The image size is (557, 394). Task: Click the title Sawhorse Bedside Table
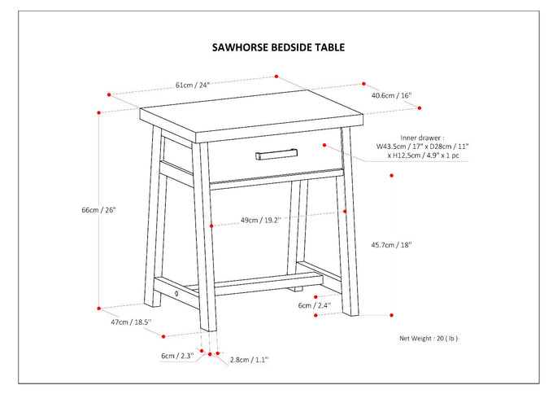click(278, 47)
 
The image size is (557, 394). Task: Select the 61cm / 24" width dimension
click(193, 85)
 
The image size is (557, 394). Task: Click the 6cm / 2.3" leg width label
click(176, 356)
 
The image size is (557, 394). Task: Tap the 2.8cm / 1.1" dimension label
click(249, 359)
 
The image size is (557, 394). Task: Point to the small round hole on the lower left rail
click(176, 292)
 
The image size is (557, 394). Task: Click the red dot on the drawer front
click(324, 145)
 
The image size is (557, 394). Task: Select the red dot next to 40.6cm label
click(363, 84)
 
